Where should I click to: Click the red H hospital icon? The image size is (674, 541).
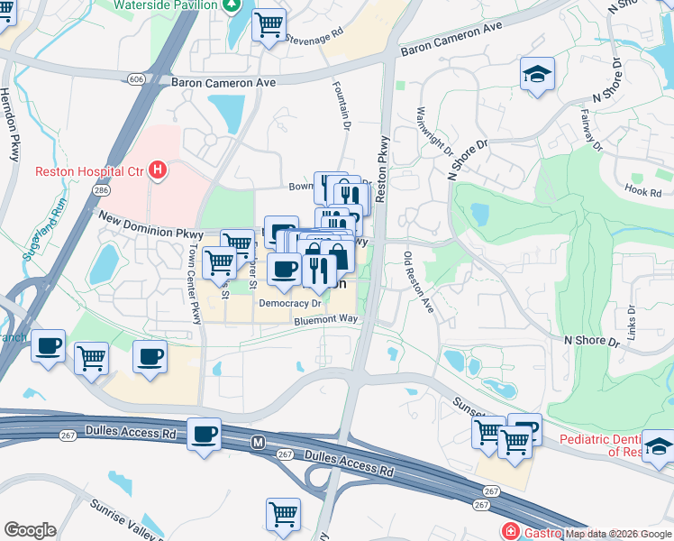[x=159, y=170]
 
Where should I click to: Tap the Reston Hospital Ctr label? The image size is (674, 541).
[x=90, y=171]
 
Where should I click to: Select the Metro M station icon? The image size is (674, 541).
[x=259, y=443]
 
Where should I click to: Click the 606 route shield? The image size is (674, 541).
[x=136, y=79]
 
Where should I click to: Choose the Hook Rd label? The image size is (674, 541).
[x=642, y=190]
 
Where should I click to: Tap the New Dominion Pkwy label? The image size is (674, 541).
[x=150, y=225]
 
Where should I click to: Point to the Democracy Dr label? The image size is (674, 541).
[x=284, y=304]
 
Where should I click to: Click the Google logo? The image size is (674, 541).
[x=29, y=529]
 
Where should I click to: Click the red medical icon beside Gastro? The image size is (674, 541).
[x=512, y=532]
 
